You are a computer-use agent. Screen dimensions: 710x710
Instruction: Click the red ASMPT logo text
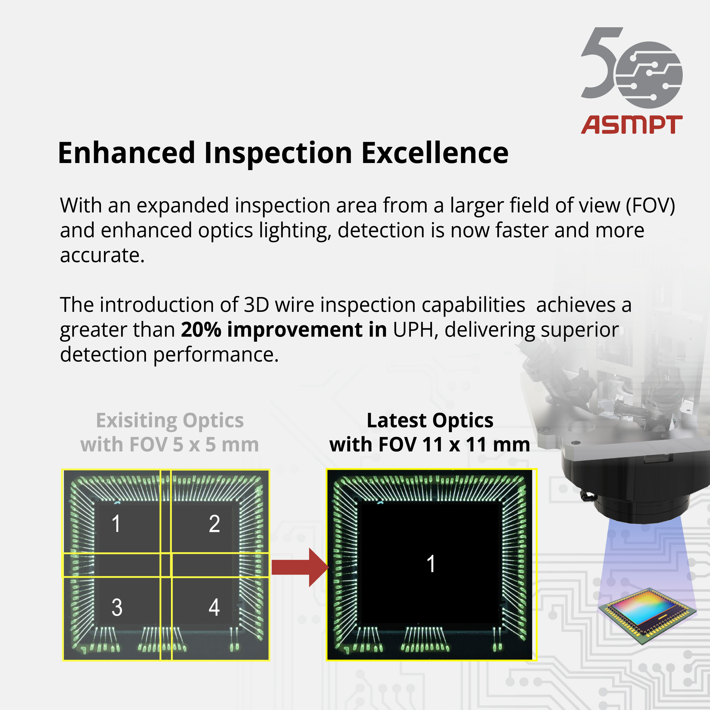(632, 125)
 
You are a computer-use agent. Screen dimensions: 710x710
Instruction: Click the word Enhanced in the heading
(126, 153)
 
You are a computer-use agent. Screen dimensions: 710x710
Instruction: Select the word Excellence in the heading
(435, 153)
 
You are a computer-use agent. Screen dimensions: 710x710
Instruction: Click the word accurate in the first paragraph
(102, 255)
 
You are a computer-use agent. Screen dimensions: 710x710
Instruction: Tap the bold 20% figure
(201, 329)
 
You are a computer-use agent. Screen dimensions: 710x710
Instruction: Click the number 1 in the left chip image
(116, 523)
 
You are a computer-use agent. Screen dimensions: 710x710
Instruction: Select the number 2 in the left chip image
(214, 523)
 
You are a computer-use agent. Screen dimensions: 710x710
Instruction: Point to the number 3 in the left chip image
(117, 607)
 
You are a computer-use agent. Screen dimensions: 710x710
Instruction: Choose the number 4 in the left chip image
(214, 607)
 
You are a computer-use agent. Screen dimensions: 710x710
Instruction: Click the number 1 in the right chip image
(431, 564)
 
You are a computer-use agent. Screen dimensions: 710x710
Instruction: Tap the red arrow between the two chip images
(300, 567)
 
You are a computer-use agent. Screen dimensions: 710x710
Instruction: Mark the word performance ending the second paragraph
(216, 355)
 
